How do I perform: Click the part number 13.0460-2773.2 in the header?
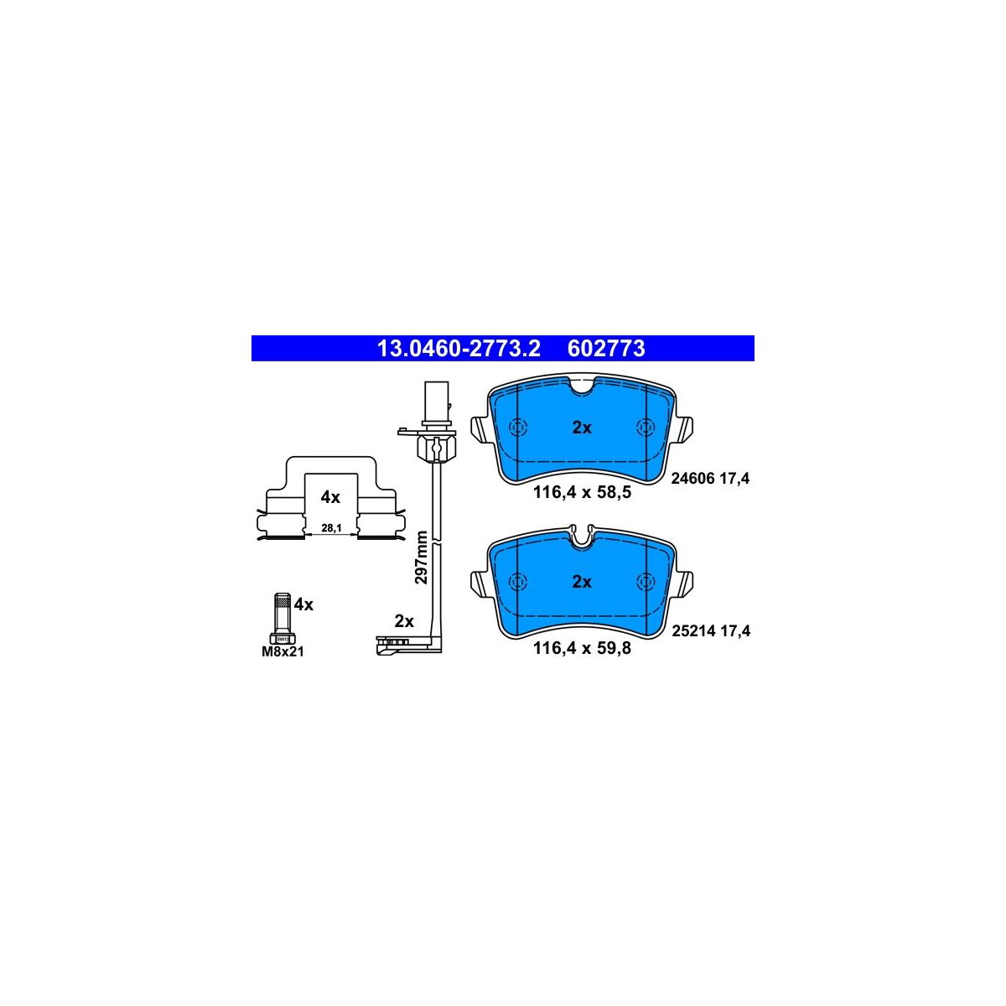pyautogui.click(x=459, y=349)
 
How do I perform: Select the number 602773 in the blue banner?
pyautogui.click(x=606, y=349)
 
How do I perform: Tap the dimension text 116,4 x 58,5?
pyautogui.click(x=582, y=493)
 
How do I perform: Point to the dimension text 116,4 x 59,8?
pyautogui.click(x=582, y=647)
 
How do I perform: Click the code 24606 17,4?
pyautogui.click(x=710, y=479)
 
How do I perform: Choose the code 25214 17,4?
pyautogui.click(x=710, y=631)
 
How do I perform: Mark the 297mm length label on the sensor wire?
pyautogui.click(x=422, y=557)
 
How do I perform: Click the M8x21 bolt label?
pyautogui.click(x=283, y=651)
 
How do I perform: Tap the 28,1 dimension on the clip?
pyautogui.click(x=331, y=528)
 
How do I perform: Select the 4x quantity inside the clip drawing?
pyautogui.click(x=330, y=497)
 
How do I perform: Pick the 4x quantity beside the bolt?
pyautogui.click(x=303, y=604)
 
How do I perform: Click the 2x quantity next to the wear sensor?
pyautogui.click(x=404, y=621)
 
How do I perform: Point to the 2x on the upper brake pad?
pyautogui.click(x=582, y=428)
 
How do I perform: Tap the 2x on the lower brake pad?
pyautogui.click(x=582, y=582)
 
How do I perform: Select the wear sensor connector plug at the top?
pyautogui.click(x=436, y=400)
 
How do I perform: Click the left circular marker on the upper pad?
pyautogui.click(x=516, y=427)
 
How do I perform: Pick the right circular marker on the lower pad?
pyautogui.click(x=646, y=581)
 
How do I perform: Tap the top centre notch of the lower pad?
pyautogui.click(x=582, y=535)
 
